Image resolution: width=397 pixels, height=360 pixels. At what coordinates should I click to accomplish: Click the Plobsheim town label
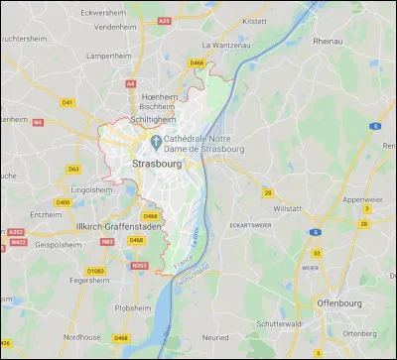click(x=133, y=306)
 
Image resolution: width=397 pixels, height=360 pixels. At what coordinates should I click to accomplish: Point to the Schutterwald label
click(x=281, y=323)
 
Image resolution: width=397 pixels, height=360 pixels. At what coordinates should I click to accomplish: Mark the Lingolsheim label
click(x=91, y=188)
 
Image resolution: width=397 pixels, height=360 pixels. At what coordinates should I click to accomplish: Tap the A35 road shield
click(x=166, y=18)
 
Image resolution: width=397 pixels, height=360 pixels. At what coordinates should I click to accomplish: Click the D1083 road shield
click(x=95, y=270)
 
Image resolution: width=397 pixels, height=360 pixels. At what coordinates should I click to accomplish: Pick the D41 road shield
click(x=67, y=102)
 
